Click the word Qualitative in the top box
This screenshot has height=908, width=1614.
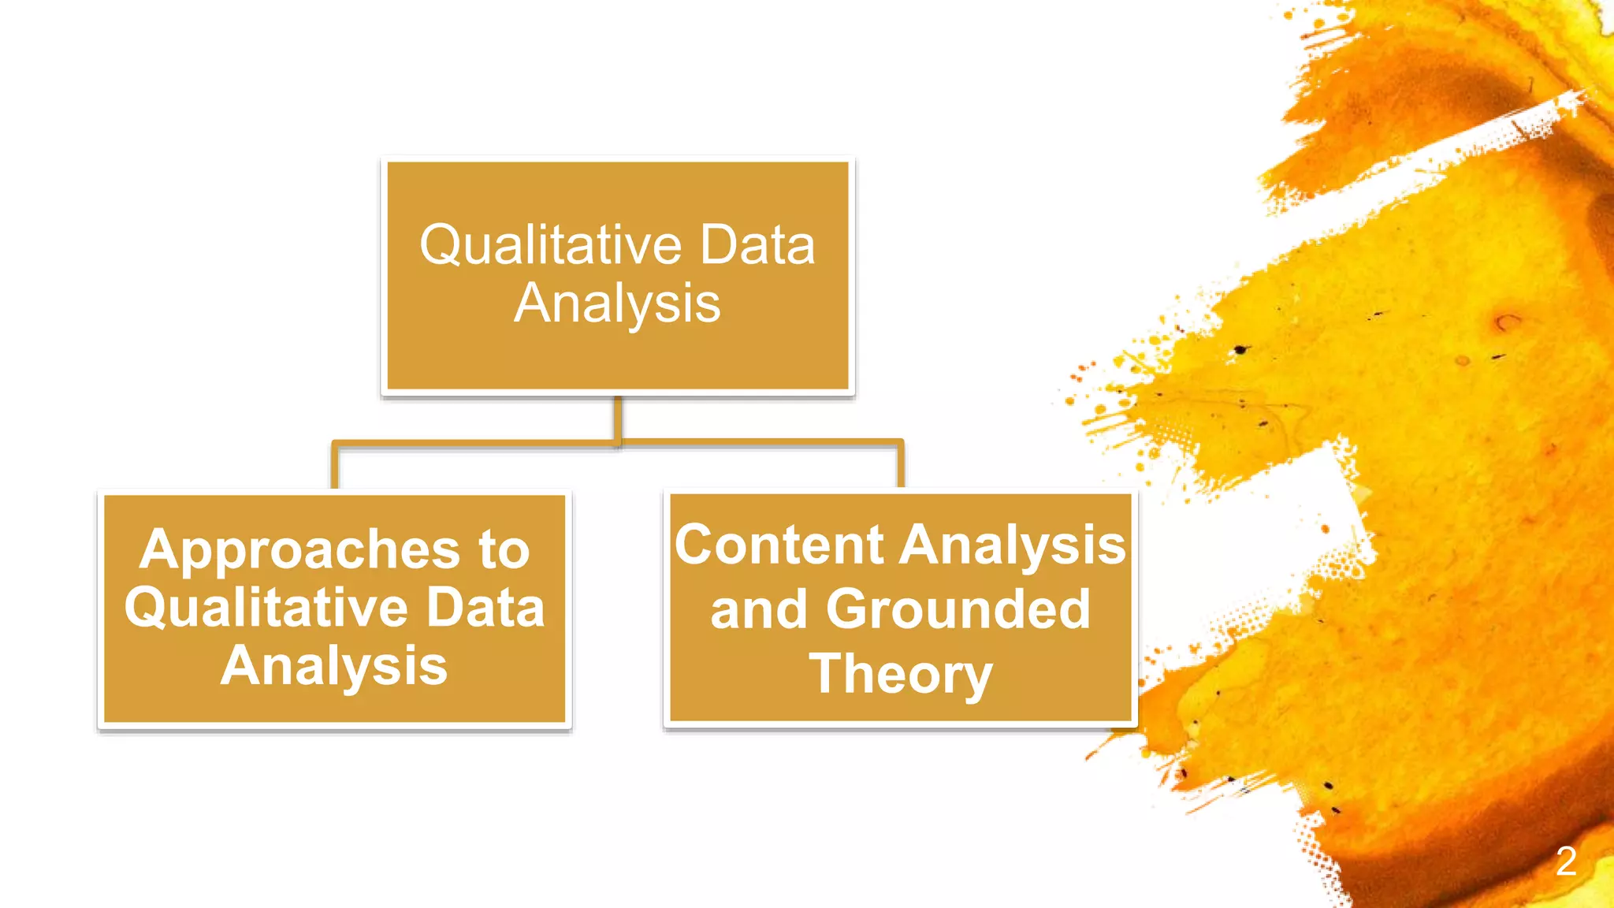550,245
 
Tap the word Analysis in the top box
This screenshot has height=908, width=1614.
617,303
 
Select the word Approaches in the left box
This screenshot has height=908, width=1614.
299,550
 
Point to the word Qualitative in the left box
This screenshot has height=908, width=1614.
266,608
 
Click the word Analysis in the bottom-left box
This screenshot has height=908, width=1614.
334,667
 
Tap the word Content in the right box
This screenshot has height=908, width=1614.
779,545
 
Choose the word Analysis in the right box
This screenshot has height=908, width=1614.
1013,546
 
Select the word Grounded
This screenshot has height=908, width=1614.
958,610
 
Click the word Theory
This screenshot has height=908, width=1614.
901,675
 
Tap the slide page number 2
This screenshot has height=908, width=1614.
1566,861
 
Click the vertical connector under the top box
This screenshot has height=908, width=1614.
618,418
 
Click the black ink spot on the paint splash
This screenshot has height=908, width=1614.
1240,349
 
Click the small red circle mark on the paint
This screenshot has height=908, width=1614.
1508,322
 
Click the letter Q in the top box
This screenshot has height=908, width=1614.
440,245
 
